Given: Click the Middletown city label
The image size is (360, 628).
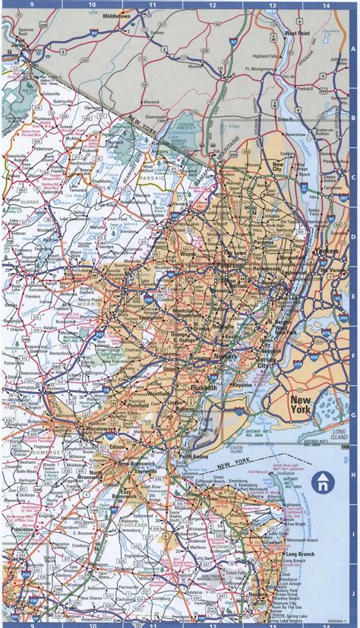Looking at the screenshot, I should [x=116, y=15].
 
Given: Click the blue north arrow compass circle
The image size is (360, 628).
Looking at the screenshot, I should [x=324, y=481].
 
